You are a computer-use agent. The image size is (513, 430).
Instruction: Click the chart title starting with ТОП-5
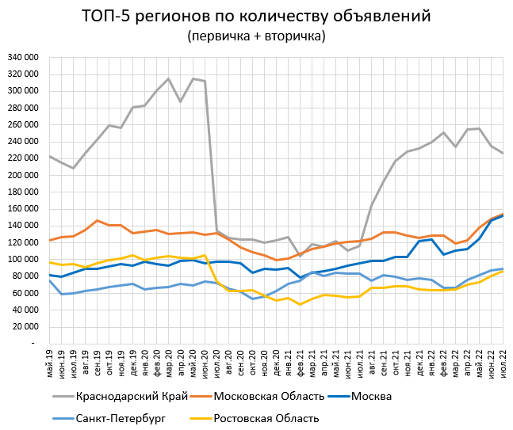click(x=256, y=16)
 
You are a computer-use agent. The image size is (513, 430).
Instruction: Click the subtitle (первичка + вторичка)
click(x=256, y=36)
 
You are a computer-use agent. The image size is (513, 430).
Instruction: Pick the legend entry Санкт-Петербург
click(x=121, y=418)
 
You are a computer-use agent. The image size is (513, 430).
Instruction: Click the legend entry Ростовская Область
click(x=266, y=418)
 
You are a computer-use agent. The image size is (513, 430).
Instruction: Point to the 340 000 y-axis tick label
click(x=25, y=57)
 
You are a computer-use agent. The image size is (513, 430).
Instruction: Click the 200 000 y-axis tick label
click(x=25, y=175)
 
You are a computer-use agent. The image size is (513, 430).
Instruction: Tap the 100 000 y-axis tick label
click(x=25, y=260)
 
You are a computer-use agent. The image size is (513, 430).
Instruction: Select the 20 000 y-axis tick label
click(x=26, y=327)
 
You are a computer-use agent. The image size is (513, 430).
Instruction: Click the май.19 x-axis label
click(x=49, y=363)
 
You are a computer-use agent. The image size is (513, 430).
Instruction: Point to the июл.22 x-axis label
click(x=503, y=363)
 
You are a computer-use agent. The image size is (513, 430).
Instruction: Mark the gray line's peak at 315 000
click(x=168, y=78)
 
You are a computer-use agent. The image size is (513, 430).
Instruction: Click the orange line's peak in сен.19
click(x=97, y=221)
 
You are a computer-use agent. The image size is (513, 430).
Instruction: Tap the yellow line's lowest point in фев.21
click(x=300, y=304)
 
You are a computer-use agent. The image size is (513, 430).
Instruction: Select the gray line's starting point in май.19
click(x=49, y=156)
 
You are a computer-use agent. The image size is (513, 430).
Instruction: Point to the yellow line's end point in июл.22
click(x=503, y=272)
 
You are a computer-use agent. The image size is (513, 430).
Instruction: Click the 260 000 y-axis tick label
click(x=25, y=124)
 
